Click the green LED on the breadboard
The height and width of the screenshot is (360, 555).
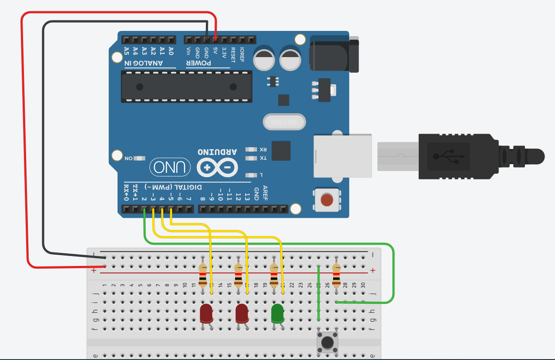coord(277,313)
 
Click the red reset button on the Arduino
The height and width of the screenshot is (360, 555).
coord(326,200)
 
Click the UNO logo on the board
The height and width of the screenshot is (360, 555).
coord(171,167)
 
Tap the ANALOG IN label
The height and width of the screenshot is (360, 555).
coord(144,63)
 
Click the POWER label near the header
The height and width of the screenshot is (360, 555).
coord(199,63)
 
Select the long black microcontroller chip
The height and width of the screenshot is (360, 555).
coord(186,86)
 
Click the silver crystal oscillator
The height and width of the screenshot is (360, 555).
coord(284,122)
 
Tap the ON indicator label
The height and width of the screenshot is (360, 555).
coord(128,158)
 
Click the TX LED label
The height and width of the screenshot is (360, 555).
coord(263,158)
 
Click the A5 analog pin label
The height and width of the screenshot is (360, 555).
coord(126,51)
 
